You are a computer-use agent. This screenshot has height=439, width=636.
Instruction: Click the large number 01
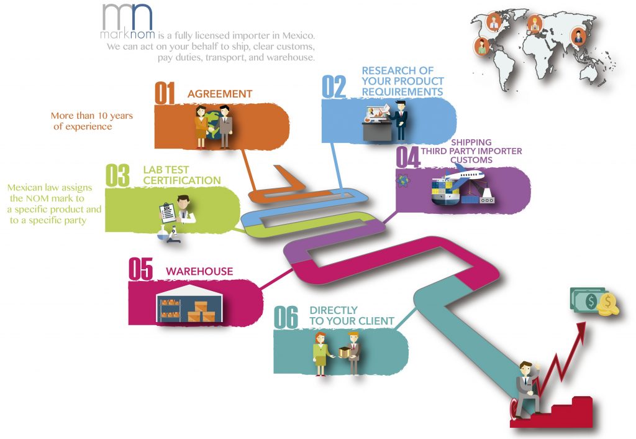tap(165, 93)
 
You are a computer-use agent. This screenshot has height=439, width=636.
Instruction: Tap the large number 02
tap(334, 87)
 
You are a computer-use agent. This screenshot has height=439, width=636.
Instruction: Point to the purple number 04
tap(407, 156)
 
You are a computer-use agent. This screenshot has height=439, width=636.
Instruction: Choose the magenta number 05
tap(140, 270)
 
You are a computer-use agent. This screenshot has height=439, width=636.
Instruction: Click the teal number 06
tap(286, 318)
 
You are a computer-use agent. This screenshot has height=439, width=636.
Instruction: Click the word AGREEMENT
tap(220, 95)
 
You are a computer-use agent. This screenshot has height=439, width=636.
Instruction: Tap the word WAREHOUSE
tap(199, 272)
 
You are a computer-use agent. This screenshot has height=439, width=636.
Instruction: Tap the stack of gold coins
tap(607, 305)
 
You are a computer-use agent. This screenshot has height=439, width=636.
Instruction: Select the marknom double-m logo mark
tap(127, 17)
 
